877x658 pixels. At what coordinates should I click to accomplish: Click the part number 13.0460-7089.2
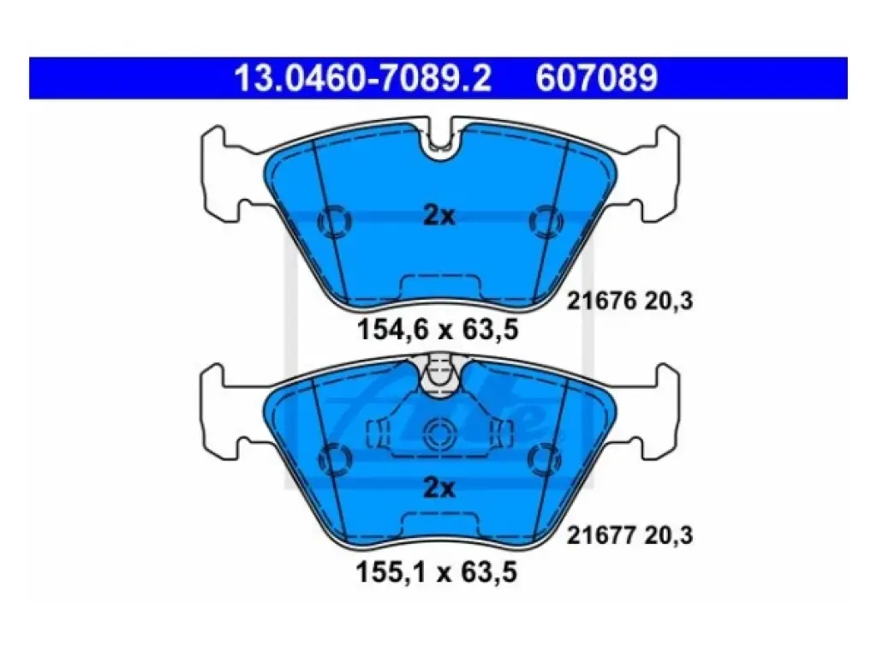click(x=362, y=78)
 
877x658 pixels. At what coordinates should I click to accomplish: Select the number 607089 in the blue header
click(x=596, y=78)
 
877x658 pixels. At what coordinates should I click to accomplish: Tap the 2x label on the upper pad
click(x=439, y=215)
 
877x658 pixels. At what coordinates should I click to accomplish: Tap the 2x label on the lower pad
click(x=439, y=488)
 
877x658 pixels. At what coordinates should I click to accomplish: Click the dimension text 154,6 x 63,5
click(x=438, y=330)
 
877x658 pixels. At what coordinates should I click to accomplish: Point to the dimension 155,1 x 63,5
click(x=436, y=572)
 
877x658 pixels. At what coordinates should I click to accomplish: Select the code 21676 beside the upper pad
click(x=602, y=301)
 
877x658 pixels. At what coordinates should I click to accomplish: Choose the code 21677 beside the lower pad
click(x=602, y=535)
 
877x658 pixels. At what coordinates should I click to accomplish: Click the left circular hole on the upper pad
click(x=334, y=222)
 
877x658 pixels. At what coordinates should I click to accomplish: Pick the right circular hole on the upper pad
click(x=546, y=222)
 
